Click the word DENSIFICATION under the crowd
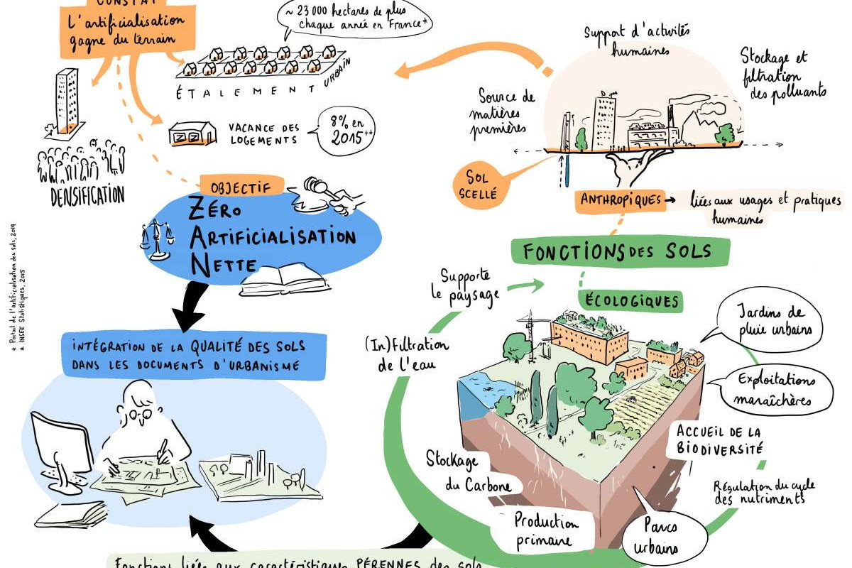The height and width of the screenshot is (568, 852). [87, 195]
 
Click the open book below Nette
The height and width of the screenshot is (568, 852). [284, 280]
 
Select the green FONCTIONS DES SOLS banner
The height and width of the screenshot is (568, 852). [610, 251]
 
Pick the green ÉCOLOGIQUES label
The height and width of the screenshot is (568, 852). [630, 300]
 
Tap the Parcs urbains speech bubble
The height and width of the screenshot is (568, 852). [671, 537]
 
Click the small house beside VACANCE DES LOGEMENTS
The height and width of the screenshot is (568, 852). [192, 133]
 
